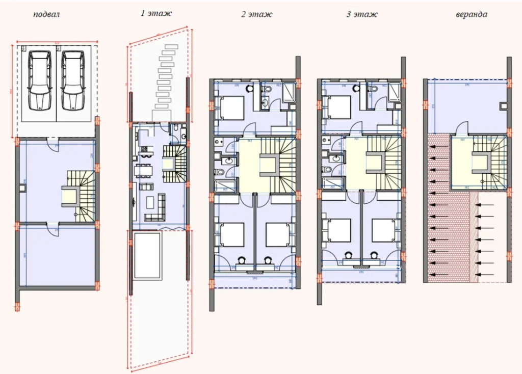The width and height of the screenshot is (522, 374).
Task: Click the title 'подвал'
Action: click(x=46, y=14)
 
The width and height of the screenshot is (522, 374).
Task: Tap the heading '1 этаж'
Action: click(x=156, y=14)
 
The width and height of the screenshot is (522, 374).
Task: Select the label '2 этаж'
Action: click(x=256, y=14)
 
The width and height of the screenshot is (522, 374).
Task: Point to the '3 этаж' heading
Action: click(x=362, y=14)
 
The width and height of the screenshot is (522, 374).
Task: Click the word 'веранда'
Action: click(x=471, y=14)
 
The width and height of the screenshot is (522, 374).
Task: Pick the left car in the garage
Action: click(x=40, y=81)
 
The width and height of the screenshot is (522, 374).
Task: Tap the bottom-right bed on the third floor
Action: click(x=383, y=230)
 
